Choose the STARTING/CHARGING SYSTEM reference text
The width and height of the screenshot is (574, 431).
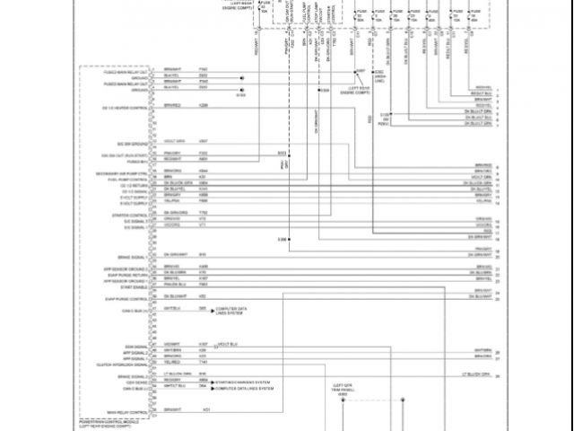(x=239, y=380)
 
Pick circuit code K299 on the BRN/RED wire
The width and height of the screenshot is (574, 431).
(x=204, y=106)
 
